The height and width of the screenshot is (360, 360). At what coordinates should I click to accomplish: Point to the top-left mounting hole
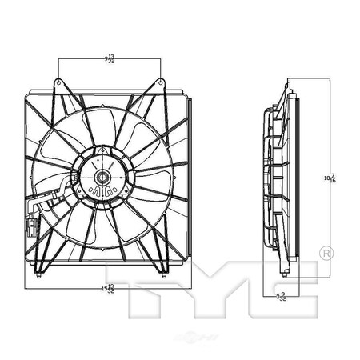60,79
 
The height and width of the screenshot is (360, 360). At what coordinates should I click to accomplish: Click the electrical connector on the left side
31,226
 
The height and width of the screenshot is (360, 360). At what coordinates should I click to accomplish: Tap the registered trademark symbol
326,254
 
